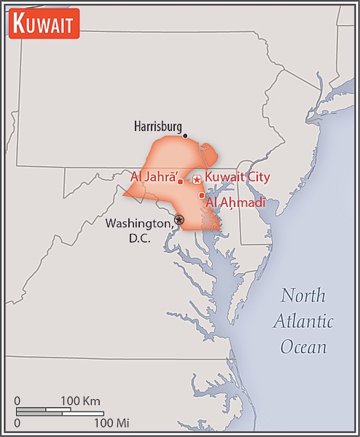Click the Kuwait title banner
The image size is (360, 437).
click(x=43, y=25)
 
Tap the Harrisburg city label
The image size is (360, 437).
click(x=157, y=126)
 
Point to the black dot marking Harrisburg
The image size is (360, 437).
click(x=185, y=135)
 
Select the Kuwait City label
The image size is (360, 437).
click(x=238, y=177)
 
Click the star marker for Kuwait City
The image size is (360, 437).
click(x=196, y=179)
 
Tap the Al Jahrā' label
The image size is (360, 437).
click(x=152, y=176)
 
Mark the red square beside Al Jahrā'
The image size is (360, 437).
click(x=180, y=181)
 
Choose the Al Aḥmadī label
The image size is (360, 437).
click(x=236, y=202)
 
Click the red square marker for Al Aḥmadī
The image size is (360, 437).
click(x=201, y=195)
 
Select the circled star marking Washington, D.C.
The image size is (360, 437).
click(x=179, y=219)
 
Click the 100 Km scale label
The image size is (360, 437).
click(x=80, y=401)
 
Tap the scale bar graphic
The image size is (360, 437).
click(x=62, y=411)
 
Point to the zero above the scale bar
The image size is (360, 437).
click(x=17, y=401)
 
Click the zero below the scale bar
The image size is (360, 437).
click(x=17, y=422)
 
